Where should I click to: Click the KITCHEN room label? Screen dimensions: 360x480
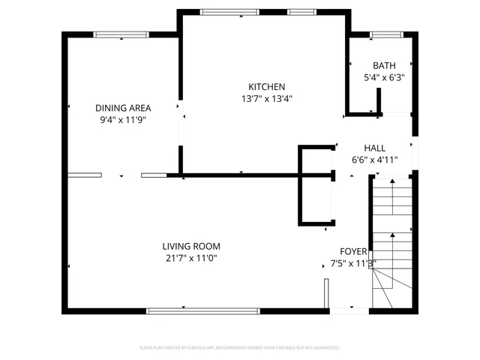[267, 87]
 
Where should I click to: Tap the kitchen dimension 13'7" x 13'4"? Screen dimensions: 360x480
[267, 98]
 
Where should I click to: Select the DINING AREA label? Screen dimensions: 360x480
[122, 108]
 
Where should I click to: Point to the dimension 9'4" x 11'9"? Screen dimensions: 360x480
[122, 119]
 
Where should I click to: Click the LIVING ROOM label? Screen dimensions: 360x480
[191, 246]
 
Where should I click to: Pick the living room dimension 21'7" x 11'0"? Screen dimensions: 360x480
[191, 258]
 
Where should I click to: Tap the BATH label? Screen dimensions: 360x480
[384, 66]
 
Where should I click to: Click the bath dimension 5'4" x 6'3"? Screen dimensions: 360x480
[384, 77]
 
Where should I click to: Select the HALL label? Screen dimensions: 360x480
[375, 148]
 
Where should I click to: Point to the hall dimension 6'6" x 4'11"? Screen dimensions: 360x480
[375, 159]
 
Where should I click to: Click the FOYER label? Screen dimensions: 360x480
[353, 252]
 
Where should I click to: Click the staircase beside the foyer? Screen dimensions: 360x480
[392, 240]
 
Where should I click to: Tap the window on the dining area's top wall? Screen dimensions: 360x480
[121, 34]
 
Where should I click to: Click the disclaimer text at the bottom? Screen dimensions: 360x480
[240, 348]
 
